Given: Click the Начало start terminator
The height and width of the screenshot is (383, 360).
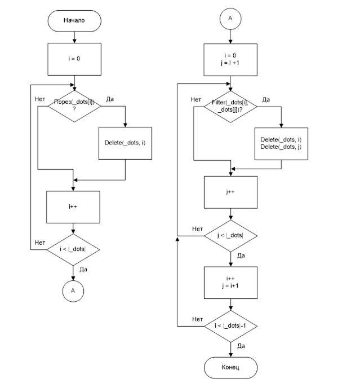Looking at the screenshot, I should [x=74, y=21].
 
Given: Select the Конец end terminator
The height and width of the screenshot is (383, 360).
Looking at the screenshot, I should [x=230, y=368].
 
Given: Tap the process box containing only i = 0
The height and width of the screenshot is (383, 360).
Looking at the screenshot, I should [x=74, y=58].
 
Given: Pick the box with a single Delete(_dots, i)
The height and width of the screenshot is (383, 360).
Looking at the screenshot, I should [x=125, y=143].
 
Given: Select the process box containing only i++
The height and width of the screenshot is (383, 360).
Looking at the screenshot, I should [x=73, y=207].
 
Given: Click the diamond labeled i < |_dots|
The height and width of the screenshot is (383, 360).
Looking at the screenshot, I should [x=73, y=249].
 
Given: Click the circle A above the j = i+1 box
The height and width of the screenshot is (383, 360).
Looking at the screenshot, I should [x=230, y=19].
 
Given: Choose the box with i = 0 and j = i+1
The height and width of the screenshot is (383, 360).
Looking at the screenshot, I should [x=230, y=59].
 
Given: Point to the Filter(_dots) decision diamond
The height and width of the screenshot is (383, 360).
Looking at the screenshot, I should [x=230, y=105].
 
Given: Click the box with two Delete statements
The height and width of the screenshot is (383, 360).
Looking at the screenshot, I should [x=281, y=143].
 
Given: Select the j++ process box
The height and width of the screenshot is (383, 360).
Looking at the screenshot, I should [x=230, y=192].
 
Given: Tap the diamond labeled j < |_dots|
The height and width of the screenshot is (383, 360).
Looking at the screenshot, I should [x=230, y=234].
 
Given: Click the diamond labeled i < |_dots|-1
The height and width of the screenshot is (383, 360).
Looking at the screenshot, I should [x=230, y=326].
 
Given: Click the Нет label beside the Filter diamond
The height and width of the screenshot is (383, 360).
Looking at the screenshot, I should [x=196, y=99].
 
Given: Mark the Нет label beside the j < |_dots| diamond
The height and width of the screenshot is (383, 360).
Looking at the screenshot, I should [x=197, y=228].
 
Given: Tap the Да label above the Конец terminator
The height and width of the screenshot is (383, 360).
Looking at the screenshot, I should [x=241, y=345].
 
